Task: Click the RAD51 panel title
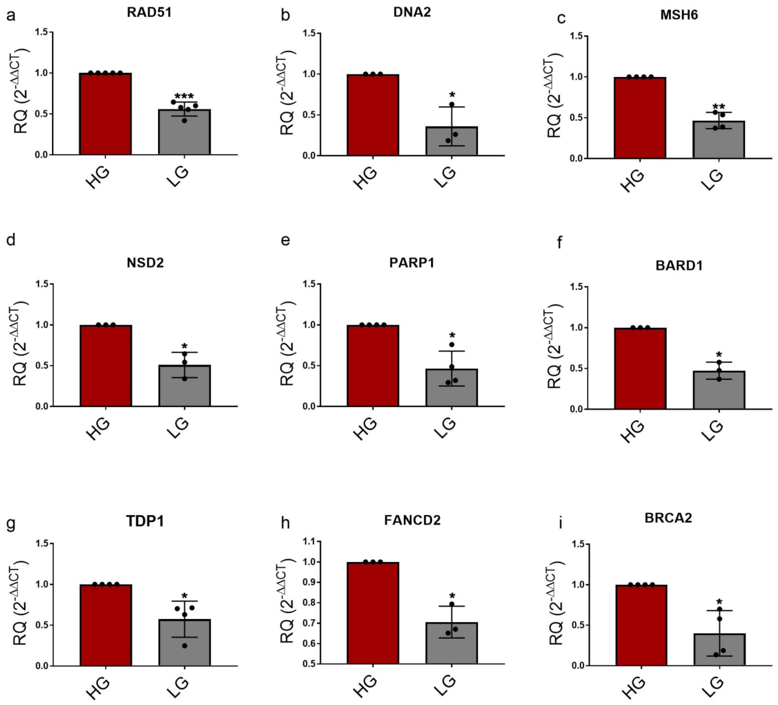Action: pyautogui.click(x=149, y=12)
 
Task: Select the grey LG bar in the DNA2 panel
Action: pyautogui.click(x=452, y=141)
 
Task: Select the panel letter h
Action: pyautogui.click(x=286, y=524)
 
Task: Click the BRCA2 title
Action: pyautogui.click(x=668, y=518)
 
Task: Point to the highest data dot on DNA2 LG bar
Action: pyautogui.click(x=452, y=104)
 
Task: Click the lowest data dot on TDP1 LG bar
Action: pyautogui.click(x=185, y=646)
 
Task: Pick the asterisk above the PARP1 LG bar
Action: pyautogui.click(x=452, y=335)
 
